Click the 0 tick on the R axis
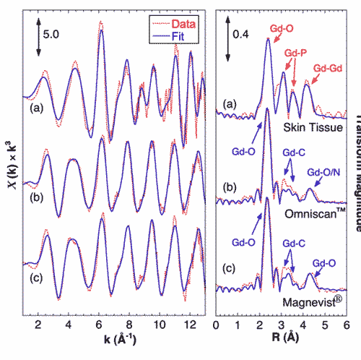(217, 327)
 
